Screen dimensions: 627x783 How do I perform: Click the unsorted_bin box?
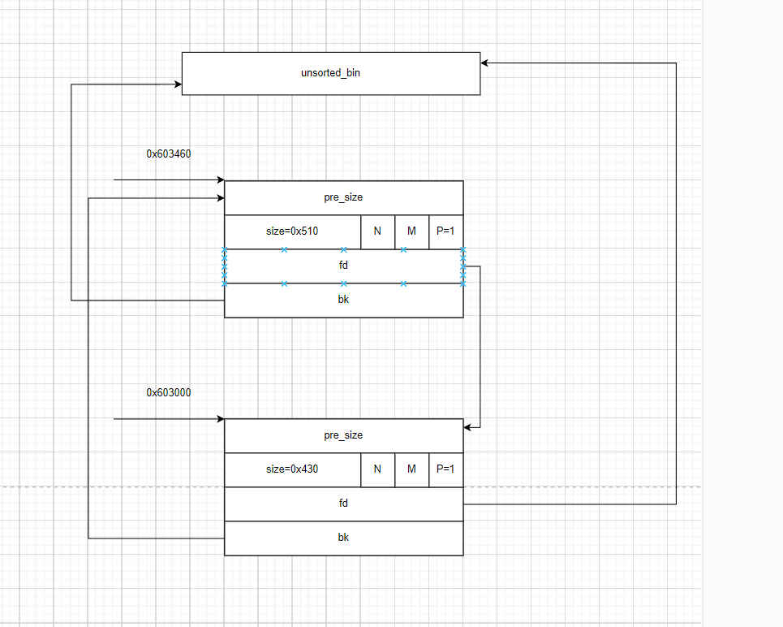click(x=330, y=73)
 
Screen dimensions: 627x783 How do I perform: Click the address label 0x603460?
click(x=169, y=154)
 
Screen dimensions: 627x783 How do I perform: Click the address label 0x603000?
click(x=169, y=392)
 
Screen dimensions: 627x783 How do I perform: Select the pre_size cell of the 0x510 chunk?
click(x=343, y=197)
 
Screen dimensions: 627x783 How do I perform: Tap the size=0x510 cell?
click(x=292, y=231)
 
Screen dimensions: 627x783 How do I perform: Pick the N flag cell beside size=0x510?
click(x=377, y=231)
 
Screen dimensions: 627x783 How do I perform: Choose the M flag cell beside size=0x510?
click(x=411, y=231)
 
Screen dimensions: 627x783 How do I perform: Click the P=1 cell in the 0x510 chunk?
click(x=445, y=231)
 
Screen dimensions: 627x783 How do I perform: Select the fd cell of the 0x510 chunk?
click(x=343, y=266)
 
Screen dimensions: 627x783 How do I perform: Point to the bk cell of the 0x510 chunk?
click(x=343, y=300)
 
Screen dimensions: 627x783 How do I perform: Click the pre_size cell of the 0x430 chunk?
click(x=343, y=435)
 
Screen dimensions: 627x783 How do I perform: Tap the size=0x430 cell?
click(x=292, y=469)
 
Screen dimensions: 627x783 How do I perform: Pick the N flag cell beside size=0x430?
click(x=377, y=469)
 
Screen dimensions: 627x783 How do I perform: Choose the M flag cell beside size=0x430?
click(x=411, y=469)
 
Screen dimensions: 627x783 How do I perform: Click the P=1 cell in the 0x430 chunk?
click(x=445, y=469)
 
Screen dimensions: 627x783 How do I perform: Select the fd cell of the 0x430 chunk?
click(x=343, y=504)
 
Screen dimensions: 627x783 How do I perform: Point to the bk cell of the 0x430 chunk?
click(x=343, y=538)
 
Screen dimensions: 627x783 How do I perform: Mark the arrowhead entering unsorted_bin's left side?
click(x=177, y=84)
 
